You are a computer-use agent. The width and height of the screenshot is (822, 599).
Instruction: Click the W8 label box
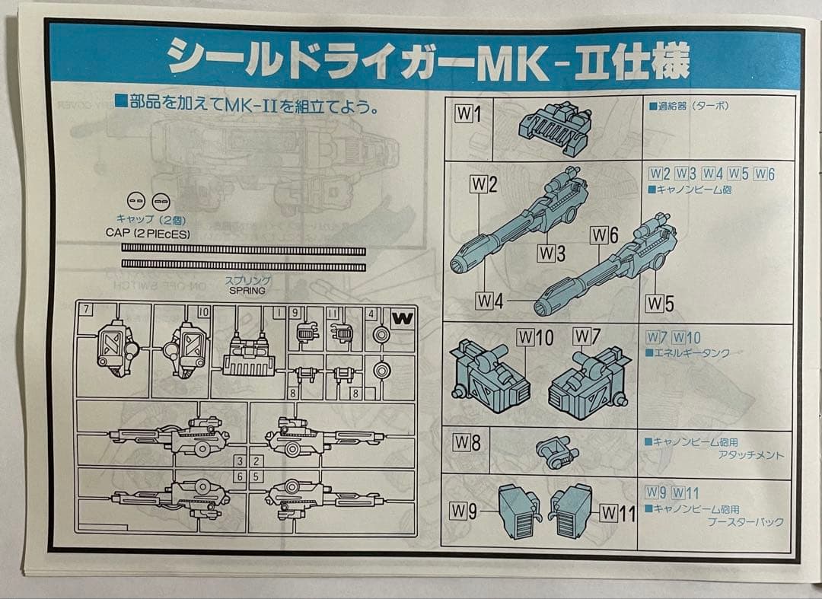(467, 443)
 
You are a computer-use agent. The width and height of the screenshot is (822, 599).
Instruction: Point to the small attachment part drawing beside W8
(558, 451)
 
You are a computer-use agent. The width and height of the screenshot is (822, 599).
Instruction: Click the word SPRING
(245, 291)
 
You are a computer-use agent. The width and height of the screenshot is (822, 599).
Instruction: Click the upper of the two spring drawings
(244, 250)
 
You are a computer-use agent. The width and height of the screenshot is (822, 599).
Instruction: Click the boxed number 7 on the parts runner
(88, 310)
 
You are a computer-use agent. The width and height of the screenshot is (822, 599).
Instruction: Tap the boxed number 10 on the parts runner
(203, 311)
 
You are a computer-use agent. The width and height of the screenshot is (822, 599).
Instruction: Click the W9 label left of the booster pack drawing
(466, 511)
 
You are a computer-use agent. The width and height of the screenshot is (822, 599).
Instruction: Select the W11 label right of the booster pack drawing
(617, 514)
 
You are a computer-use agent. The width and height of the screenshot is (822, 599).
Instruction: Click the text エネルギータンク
(691, 353)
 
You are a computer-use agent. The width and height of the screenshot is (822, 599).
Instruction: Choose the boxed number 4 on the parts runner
(371, 313)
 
